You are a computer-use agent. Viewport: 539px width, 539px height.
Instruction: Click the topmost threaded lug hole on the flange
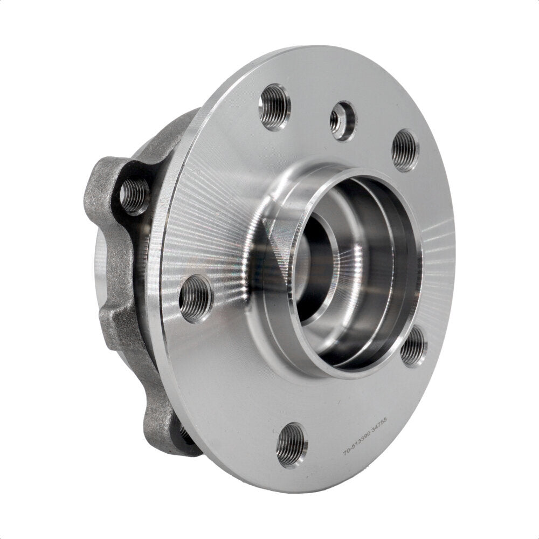[x=274, y=107]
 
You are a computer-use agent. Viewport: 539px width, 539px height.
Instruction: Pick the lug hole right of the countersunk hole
[x=405, y=150]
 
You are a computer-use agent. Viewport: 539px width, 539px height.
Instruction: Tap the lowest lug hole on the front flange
[x=291, y=445]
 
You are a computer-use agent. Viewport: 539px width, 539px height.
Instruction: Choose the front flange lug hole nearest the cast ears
[x=195, y=298]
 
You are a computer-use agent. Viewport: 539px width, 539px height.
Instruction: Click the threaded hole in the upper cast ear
[x=134, y=194]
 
